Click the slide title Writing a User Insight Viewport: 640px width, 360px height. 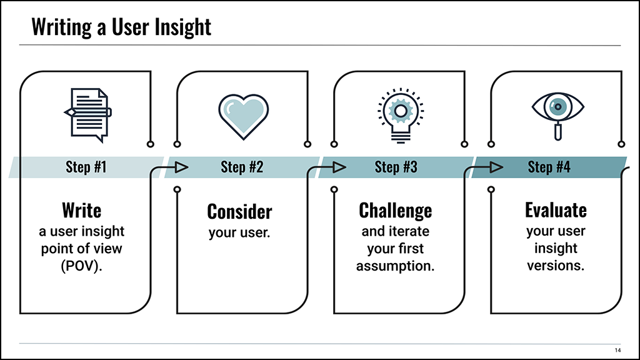121,27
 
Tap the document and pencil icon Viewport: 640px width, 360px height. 87,115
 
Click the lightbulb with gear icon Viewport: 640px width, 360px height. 401,116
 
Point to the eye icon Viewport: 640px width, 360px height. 557,116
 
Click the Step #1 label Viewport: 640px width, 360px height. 86,167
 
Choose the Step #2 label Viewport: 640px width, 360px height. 242,167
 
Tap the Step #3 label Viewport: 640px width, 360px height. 396,167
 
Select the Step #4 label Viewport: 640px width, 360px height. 549,167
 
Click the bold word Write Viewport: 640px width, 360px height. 82,210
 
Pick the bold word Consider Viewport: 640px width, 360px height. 239,211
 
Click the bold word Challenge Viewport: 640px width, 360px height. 395,211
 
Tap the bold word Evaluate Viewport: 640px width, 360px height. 556,210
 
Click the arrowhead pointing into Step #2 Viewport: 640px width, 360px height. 181,167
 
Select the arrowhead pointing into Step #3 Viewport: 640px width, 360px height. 339,167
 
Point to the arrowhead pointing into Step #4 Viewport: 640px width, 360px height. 496,167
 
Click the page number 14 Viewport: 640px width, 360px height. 617,350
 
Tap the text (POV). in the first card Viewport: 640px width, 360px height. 81,266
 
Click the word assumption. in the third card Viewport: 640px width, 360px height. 395,266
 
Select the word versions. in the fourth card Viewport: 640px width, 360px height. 556,266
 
